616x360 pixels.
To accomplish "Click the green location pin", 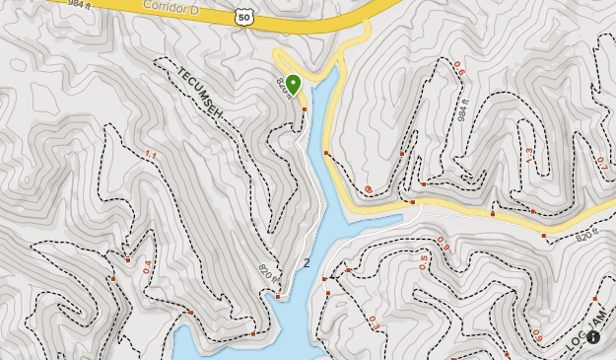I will pos(293,84).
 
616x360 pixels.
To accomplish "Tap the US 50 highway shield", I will pos(243,17).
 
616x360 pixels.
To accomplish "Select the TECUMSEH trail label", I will pos(200,95).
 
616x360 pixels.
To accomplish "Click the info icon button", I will pos(593,336).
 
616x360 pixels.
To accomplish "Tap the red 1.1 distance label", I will pos(151,154).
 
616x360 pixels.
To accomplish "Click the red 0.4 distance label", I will pos(148,266).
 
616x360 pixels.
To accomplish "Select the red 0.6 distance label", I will pos(458,68).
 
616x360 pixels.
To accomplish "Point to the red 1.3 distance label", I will pos(528,155).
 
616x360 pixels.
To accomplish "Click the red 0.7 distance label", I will pos(601,164).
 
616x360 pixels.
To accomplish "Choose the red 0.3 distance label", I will pos(374,323).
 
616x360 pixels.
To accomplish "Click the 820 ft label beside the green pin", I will pos(284,88).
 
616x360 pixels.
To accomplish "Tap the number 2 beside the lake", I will pos(307,263).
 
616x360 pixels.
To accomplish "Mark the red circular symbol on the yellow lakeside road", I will pos(368,189).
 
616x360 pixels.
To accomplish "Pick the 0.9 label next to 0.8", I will pos(443,245).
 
